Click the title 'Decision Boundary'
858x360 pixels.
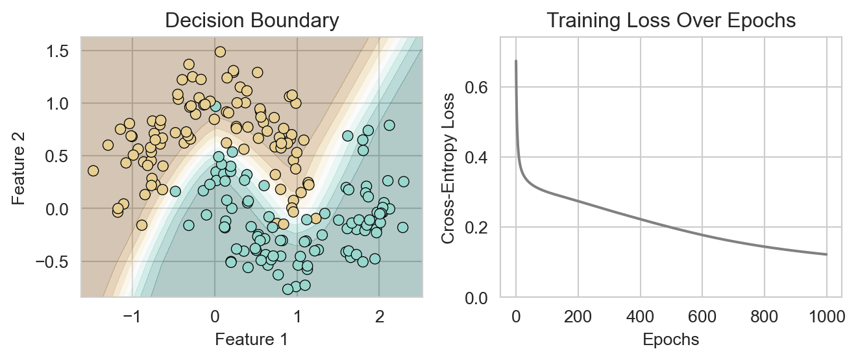[251, 21]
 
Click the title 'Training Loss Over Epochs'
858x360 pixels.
[670, 21]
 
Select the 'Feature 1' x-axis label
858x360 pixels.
[251, 339]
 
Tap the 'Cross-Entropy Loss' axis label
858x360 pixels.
[448, 167]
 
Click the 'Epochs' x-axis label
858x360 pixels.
[670, 339]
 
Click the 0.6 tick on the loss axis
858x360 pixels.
[481, 87]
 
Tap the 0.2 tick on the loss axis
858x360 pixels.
[481, 228]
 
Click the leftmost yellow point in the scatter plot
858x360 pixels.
[93, 171]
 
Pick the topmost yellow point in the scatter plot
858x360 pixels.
[220, 52]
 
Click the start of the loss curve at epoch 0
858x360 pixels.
[516, 61]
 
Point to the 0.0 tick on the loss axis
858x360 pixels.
[481, 298]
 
